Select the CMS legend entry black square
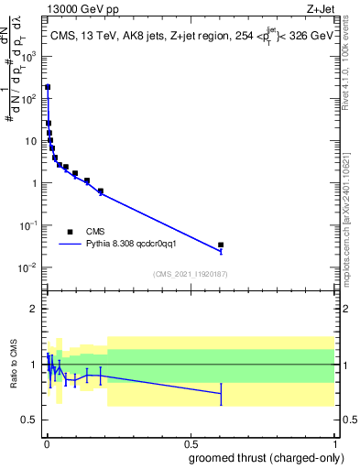tap(70, 232)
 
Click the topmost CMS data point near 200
tap(48, 87)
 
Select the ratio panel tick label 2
tap(37, 309)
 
